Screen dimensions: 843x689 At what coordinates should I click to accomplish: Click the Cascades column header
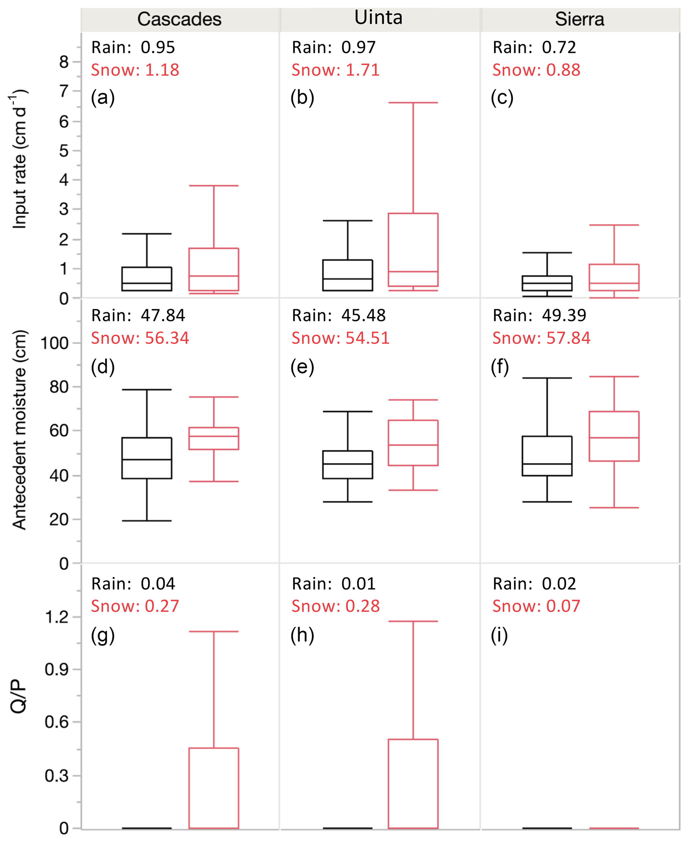(179, 19)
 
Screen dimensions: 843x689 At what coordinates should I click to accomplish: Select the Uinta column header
(378, 18)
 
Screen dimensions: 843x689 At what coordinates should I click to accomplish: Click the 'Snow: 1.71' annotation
(335, 70)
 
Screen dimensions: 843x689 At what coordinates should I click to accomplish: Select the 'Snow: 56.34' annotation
(140, 338)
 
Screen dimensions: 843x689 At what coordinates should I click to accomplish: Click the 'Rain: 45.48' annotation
(339, 316)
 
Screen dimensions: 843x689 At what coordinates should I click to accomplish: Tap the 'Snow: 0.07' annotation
(536, 606)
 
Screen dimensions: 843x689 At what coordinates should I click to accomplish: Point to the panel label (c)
(502, 97)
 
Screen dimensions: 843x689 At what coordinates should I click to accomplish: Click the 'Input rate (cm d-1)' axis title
(19, 159)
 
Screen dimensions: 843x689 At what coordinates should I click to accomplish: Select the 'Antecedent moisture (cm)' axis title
(19, 430)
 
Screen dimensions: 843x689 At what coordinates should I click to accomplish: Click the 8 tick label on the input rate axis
(64, 62)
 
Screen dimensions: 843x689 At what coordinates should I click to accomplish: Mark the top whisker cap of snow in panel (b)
(413, 102)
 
